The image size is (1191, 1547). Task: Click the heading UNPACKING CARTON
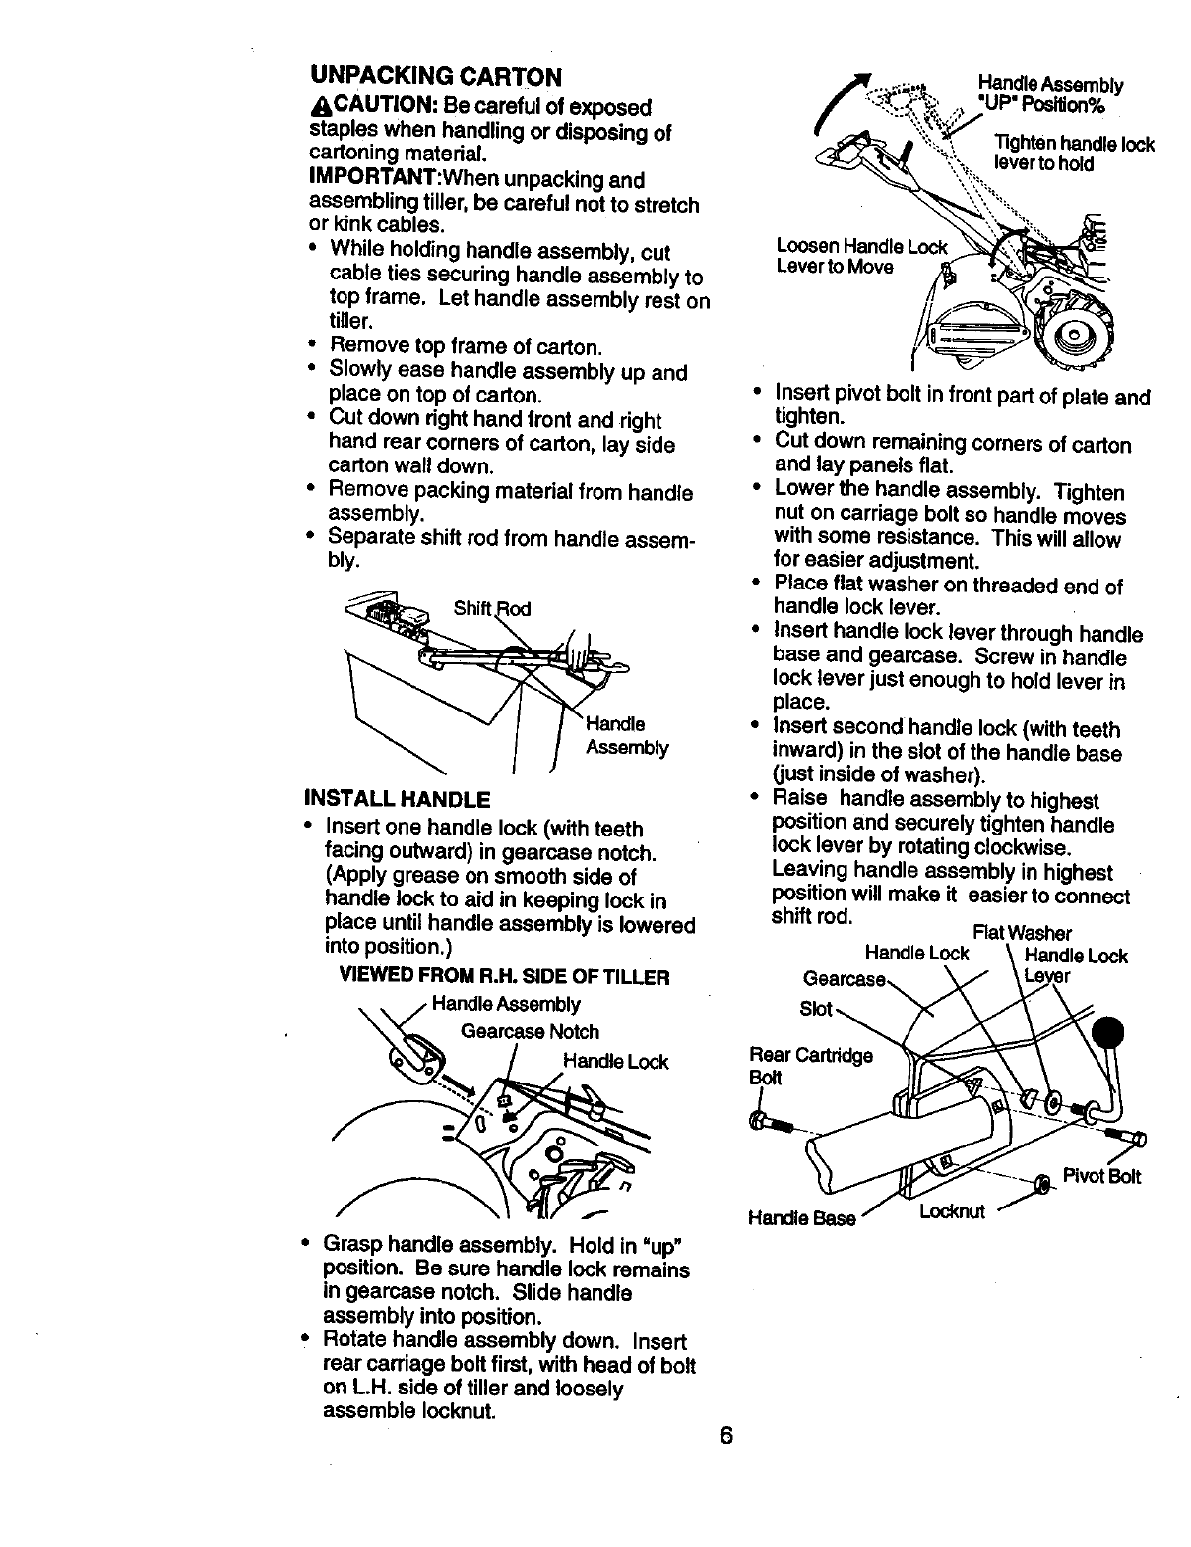click(x=435, y=76)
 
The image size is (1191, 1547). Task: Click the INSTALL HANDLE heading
click(x=399, y=795)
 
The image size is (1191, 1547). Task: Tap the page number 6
click(x=725, y=1434)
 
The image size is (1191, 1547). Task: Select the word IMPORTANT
click(x=367, y=180)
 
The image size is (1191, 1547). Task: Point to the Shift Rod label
click(x=491, y=608)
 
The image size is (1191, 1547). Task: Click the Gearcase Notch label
click(x=530, y=1031)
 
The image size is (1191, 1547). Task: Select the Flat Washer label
click(x=1021, y=932)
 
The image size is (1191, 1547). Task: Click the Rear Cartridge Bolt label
click(x=810, y=1066)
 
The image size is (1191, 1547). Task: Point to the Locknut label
click(x=952, y=1210)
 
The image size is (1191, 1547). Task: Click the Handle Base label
click(x=801, y=1218)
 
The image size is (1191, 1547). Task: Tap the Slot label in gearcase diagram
click(x=816, y=1009)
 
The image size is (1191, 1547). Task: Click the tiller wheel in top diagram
click(x=1073, y=340)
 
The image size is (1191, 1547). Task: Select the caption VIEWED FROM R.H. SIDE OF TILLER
click(x=504, y=977)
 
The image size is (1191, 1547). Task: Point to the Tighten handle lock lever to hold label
click(x=1073, y=155)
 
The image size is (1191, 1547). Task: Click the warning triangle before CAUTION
click(x=316, y=107)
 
